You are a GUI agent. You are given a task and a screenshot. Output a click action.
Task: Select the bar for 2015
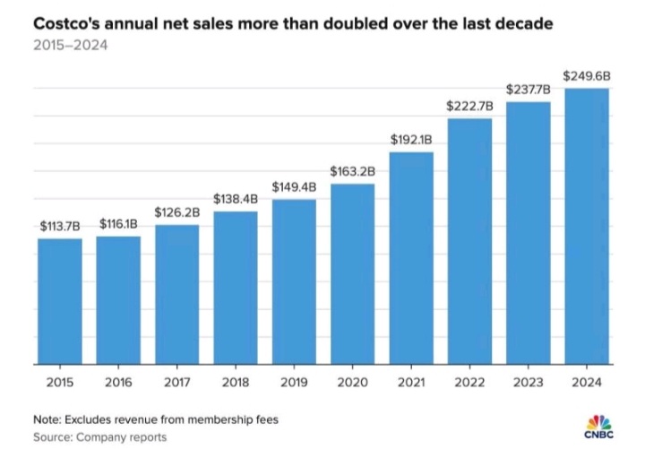tap(59, 301)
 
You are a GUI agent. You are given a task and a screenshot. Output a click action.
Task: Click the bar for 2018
tap(236, 288)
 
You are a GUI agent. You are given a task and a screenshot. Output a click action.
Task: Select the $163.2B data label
tap(353, 170)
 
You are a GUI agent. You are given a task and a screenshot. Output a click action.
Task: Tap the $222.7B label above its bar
tap(470, 106)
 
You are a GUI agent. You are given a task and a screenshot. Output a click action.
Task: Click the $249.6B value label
tap(588, 75)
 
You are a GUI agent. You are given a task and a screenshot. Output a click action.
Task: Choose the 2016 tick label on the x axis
tap(118, 384)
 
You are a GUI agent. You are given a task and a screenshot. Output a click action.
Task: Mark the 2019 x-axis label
tap(294, 384)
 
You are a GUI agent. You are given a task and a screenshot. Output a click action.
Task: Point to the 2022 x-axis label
tap(470, 384)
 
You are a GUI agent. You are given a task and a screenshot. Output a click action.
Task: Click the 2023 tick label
tap(529, 384)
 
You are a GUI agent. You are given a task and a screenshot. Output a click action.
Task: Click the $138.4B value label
tap(236, 198)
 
